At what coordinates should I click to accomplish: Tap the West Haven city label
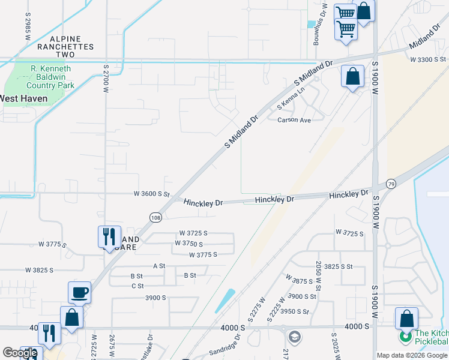[24, 98]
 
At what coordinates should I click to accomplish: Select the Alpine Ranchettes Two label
[66, 46]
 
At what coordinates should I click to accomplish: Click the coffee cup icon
[79, 293]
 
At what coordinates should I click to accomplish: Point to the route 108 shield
[155, 217]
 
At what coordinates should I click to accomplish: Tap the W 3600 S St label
[152, 194]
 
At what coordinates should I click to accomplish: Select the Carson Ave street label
[294, 120]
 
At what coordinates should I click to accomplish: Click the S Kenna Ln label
[291, 98]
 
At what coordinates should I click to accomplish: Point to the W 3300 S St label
[429, 59]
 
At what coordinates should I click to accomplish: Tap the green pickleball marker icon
[406, 337]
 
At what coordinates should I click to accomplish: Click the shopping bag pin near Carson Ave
[352, 77]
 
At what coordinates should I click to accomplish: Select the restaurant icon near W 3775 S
[109, 236]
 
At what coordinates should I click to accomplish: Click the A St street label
[159, 265]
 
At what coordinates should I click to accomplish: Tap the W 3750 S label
[188, 244]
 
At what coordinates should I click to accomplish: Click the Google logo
[20, 353]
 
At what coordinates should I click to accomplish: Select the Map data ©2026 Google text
[411, 355]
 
